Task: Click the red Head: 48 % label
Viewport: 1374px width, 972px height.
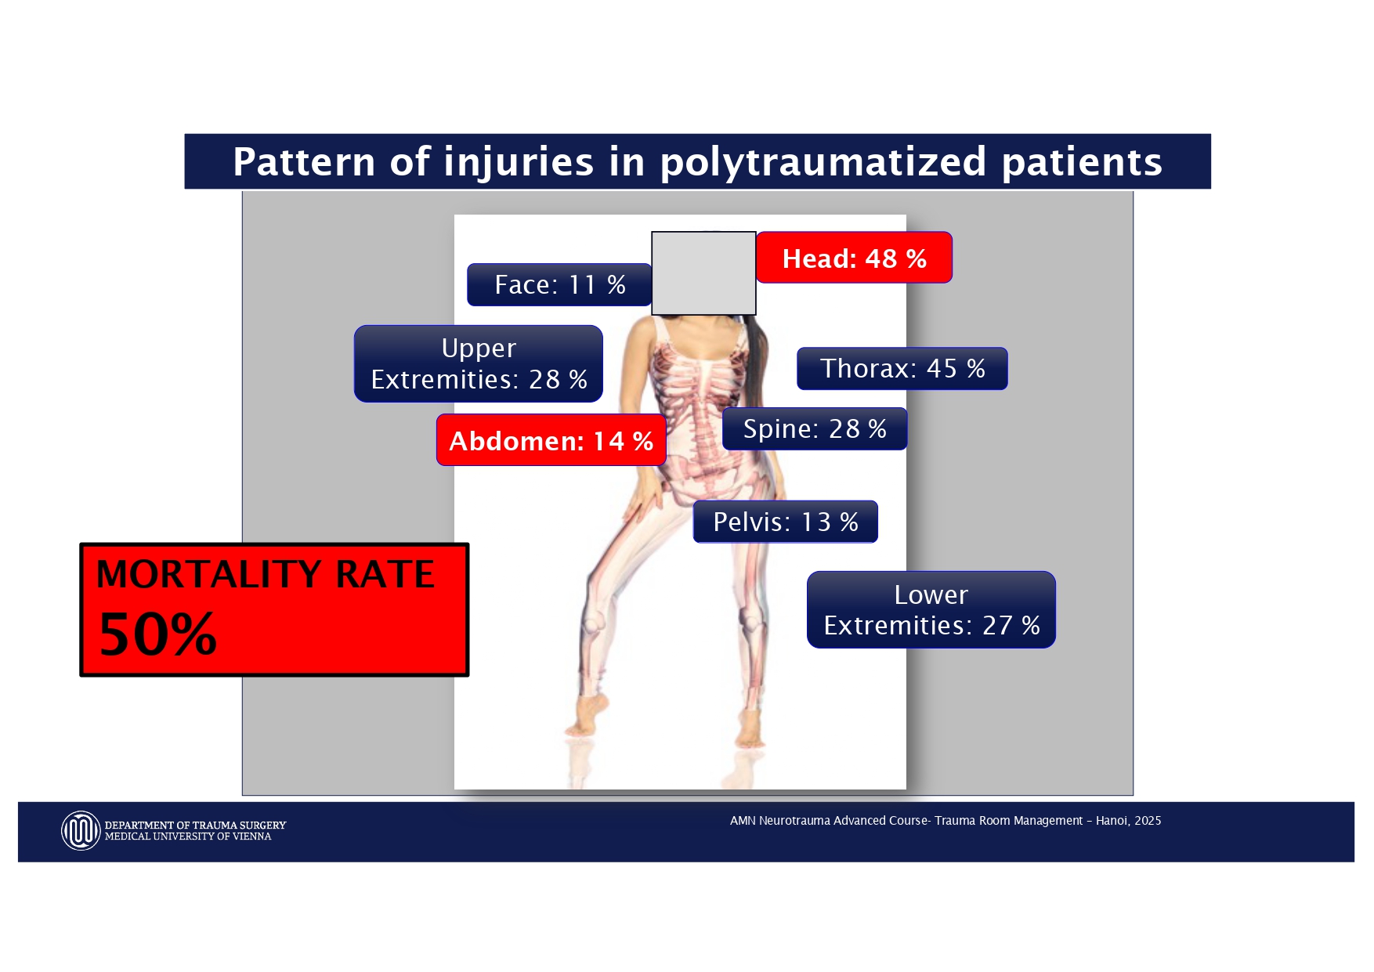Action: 854,258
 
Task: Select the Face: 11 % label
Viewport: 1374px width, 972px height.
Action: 559,284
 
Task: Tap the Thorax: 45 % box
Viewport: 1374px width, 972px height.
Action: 902,368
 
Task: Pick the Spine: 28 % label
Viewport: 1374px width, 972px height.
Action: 815,428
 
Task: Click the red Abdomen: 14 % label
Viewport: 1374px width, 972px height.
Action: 551,440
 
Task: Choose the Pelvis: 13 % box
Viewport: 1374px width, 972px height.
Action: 786,522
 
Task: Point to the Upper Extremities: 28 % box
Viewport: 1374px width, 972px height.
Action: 479,363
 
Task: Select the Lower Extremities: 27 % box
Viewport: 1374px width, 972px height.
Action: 931,609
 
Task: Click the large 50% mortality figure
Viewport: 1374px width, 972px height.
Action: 157,634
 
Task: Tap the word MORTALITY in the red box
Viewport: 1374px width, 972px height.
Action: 208,574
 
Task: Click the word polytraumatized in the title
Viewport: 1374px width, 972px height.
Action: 823,162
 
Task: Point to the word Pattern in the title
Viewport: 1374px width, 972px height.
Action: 305,162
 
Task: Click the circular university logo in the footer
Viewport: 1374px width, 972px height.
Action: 81,830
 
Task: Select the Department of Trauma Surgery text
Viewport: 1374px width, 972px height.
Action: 195,825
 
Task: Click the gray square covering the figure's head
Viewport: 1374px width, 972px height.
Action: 703,273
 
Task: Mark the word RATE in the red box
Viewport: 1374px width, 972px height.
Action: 385,574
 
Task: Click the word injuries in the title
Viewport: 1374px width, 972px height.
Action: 519,162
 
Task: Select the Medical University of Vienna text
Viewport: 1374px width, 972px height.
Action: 188,836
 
